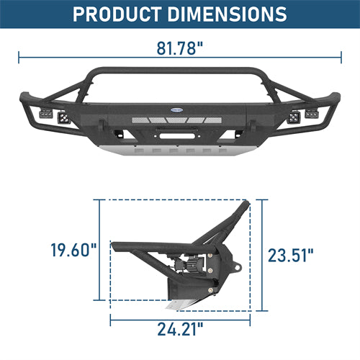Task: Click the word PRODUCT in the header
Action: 123,14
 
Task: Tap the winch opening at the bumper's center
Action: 180,133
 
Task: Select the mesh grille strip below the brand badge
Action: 180,121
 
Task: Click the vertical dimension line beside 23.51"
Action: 264,256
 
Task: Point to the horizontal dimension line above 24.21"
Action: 181,318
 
